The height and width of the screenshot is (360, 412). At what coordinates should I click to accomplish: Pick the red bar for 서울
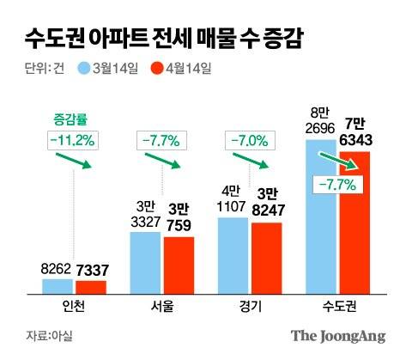[178, 266]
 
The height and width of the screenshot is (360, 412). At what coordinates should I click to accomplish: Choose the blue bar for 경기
[233, 256]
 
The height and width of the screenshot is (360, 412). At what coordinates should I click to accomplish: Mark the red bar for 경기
[266, 259]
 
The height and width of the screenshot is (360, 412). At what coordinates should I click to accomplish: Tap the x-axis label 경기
[250, 308]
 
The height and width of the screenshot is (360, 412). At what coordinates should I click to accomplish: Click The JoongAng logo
[338, 336]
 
